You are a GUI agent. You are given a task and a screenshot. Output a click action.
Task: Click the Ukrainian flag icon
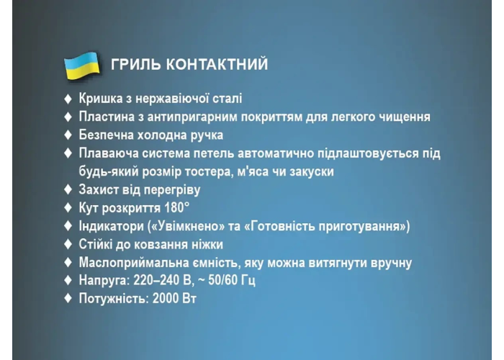[x=82, y=66]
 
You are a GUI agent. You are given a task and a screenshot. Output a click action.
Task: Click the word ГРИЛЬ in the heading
[x=135, y=64]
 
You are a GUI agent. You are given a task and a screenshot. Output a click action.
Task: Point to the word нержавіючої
[x=172, y=99]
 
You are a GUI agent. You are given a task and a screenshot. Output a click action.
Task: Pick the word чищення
[x=405, y=117]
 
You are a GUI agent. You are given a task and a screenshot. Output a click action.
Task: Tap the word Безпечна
[x=106, y=135]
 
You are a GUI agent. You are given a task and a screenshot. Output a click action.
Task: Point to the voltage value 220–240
[x=153, y=280]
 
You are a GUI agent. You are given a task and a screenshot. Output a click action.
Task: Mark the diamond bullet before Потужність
[x=68, y=298]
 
